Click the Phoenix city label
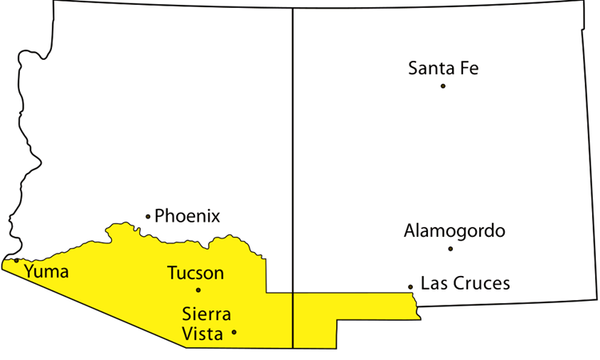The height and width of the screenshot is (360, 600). coord(187,216)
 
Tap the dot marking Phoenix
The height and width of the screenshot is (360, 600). coord(148,216)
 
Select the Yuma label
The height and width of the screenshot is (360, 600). coord(46,271)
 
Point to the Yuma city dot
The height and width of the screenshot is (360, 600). coord(17,260)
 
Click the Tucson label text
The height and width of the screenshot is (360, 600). coord(195,273)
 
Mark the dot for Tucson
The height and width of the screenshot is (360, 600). coord(198,290)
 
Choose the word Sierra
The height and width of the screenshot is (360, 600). coord(206,314)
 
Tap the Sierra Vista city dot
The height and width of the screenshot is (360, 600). coord(234,331)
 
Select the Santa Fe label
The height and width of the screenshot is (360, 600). coord(443,68)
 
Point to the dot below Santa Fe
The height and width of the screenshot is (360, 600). coord(443,85)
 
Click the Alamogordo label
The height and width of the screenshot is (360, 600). coord(454,231)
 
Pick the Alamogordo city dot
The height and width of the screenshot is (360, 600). coord(450,249)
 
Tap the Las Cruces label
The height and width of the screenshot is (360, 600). coord(465,283)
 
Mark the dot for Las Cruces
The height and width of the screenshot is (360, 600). coord(410,286)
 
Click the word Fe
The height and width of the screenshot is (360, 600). coord(470,68)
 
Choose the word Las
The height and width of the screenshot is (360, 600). coord(433,283)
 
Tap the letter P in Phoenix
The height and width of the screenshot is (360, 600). coord(159,216)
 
